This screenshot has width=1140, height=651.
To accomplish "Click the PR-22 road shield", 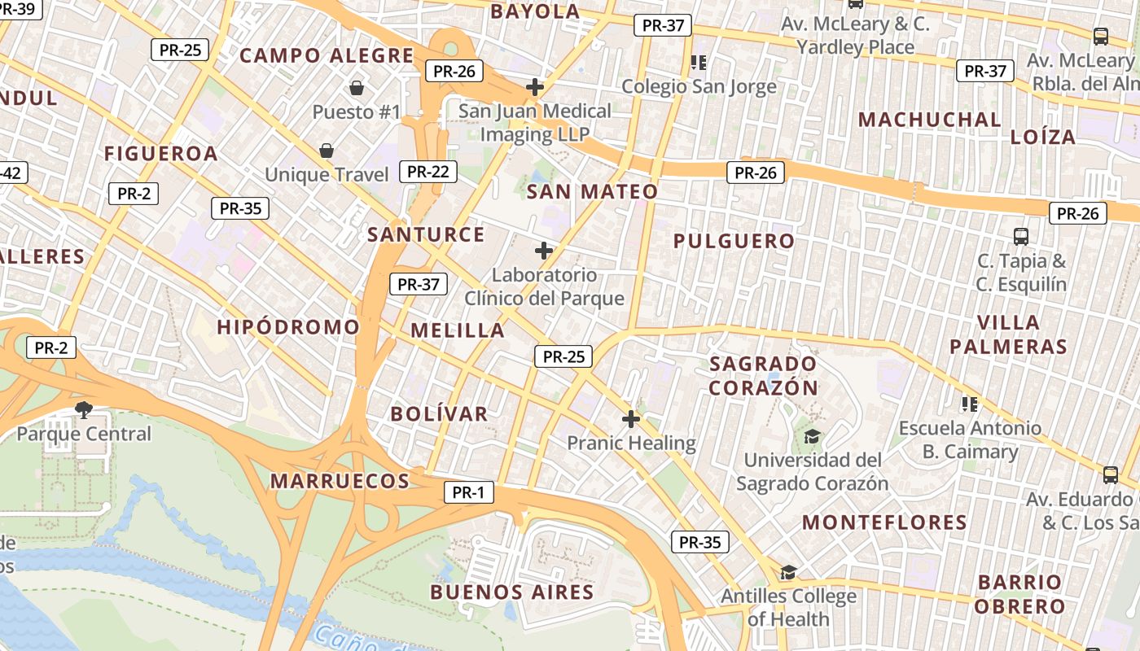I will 427,172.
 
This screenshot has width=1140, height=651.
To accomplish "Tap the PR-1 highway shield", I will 468,492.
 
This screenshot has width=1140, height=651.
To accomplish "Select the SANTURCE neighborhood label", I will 426,234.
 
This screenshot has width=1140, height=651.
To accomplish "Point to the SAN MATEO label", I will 592,192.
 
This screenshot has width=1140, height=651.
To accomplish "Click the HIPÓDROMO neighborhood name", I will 288,327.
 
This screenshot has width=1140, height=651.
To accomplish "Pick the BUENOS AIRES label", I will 512,592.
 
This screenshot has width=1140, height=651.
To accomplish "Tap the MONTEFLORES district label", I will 884,522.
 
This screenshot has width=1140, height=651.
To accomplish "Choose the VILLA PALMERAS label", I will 1008,334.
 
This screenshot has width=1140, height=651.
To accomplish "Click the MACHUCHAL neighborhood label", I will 929,120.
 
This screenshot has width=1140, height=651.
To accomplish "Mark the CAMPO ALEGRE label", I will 327,56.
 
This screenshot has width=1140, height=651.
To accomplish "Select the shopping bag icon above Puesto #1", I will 356,88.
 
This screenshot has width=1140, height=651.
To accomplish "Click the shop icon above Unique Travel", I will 327,151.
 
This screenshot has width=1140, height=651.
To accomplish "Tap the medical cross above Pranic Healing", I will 631,420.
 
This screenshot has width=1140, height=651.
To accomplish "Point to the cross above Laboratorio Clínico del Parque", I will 544,251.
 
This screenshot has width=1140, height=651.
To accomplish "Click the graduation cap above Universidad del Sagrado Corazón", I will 812,437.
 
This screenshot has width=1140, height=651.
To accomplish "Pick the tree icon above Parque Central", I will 83,409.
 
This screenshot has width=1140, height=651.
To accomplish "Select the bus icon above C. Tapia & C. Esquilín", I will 1021,237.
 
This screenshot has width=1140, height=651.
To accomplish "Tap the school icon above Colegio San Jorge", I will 699,62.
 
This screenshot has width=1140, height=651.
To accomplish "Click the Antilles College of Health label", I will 788,607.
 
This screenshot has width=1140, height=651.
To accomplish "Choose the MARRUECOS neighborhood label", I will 340,481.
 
